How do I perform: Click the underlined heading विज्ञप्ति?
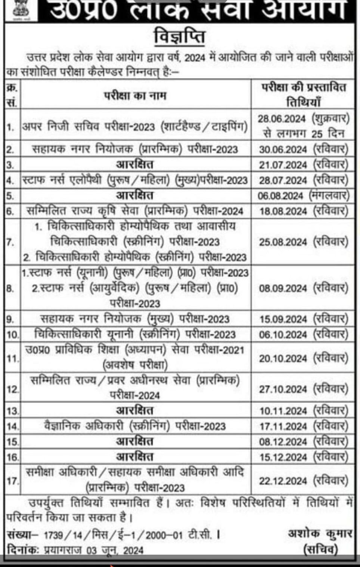point(180,37)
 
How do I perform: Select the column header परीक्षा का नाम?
point(135,95)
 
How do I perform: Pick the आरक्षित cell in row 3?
point(135,164)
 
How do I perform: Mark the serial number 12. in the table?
point(12,389)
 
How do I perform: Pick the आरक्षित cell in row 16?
point(135,457)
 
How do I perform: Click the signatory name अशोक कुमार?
point(320,533)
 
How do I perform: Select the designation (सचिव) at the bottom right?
point(320,549)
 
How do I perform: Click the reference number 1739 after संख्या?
point(52,535)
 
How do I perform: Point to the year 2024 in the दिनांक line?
point(133,550)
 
